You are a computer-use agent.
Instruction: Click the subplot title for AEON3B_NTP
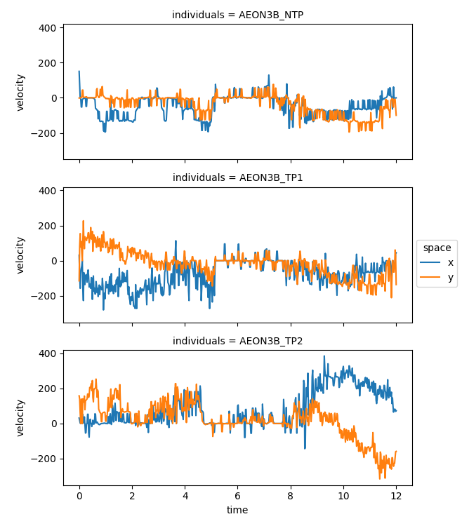coord(237,15)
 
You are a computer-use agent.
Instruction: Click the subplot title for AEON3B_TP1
coord(237,177)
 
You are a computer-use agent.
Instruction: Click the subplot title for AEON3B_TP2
coord(237,340)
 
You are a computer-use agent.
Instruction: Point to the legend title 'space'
coord(437,248)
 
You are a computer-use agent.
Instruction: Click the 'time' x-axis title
coord(237,510)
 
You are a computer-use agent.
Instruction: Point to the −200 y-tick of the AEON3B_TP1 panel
coord(45,296)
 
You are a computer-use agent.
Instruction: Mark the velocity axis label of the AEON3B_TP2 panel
coord(20,417)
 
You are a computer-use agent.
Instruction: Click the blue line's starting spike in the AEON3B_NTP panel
coord(79,72)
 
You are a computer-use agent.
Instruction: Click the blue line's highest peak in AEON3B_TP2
coord(324,357)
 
